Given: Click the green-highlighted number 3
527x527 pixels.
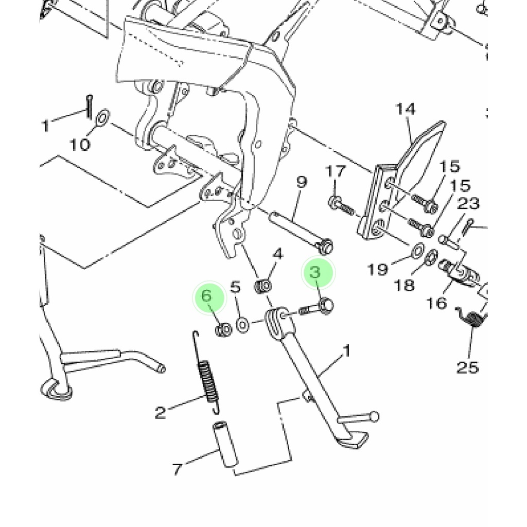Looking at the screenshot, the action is pyautogui.click(x=315, y=272).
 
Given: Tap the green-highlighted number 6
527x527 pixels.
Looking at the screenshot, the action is pyautogui.click(x=207, y=296).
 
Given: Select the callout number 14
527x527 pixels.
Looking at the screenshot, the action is pyautogui.click(x=406, y=109).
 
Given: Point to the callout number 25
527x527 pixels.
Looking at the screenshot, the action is pyautogui.click(x=467, y=367).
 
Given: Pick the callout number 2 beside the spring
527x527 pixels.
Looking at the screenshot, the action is pyautogui.click(x=161, y=412).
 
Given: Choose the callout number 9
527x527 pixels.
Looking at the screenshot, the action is pyautogui.click(x=302, y=182).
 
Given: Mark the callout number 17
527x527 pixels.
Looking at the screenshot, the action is pyautogui.click(x=336, y=171).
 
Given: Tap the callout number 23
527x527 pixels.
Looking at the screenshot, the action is pyautogui.click(x=468, y=203).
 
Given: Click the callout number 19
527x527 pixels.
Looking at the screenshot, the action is pyautogui.click(x=378, y=269).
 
